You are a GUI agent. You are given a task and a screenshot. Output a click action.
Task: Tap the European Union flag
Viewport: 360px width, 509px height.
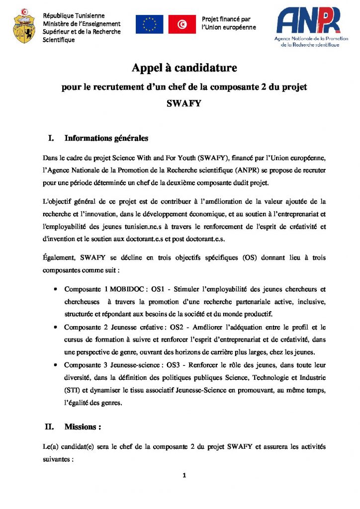point(150,24)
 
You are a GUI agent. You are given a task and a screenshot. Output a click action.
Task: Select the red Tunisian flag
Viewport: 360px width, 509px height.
point(181,24)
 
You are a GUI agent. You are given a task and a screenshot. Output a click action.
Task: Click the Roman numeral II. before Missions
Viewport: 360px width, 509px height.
point(51,426)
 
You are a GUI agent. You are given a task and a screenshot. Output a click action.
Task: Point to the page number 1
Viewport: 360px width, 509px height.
point(184,476)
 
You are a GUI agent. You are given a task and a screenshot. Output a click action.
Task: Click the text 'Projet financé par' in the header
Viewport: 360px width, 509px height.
point(226,19)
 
